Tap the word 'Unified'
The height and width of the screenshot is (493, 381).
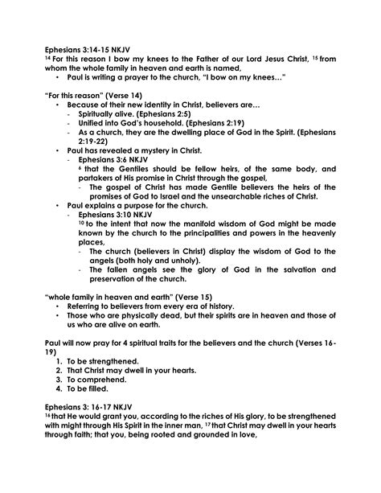(96, 124)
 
